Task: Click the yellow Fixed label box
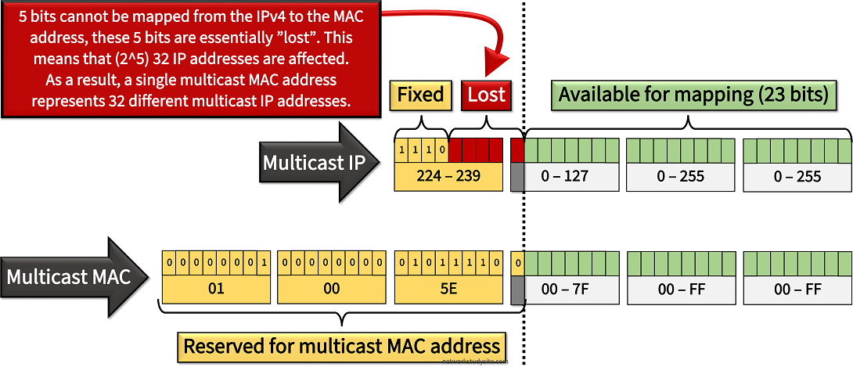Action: pos(421,95)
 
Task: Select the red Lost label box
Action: pos(486,95)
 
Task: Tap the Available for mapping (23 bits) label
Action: pos(693,95)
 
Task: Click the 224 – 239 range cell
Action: pos(448,177)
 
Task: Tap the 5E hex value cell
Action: pos(448,289)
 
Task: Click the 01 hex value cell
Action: pos(216,289)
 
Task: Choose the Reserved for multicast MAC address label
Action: pos(340,346)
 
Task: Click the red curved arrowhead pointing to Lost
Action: pos(496,63)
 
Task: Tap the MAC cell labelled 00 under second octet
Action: pos(332,289)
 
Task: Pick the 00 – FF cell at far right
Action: pos(797,290)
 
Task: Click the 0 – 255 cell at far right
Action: pos(797,177)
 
